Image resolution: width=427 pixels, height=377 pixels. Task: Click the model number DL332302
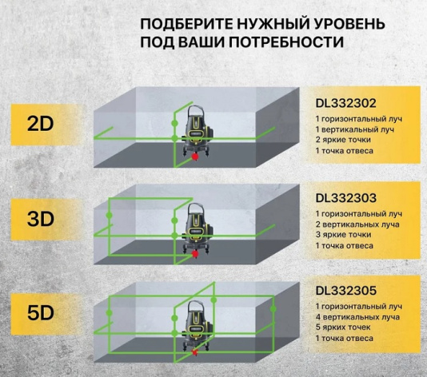pos(346,102)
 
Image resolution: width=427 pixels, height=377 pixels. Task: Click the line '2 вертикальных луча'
pos(352,224)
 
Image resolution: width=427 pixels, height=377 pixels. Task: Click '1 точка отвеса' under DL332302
pos(344,149)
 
